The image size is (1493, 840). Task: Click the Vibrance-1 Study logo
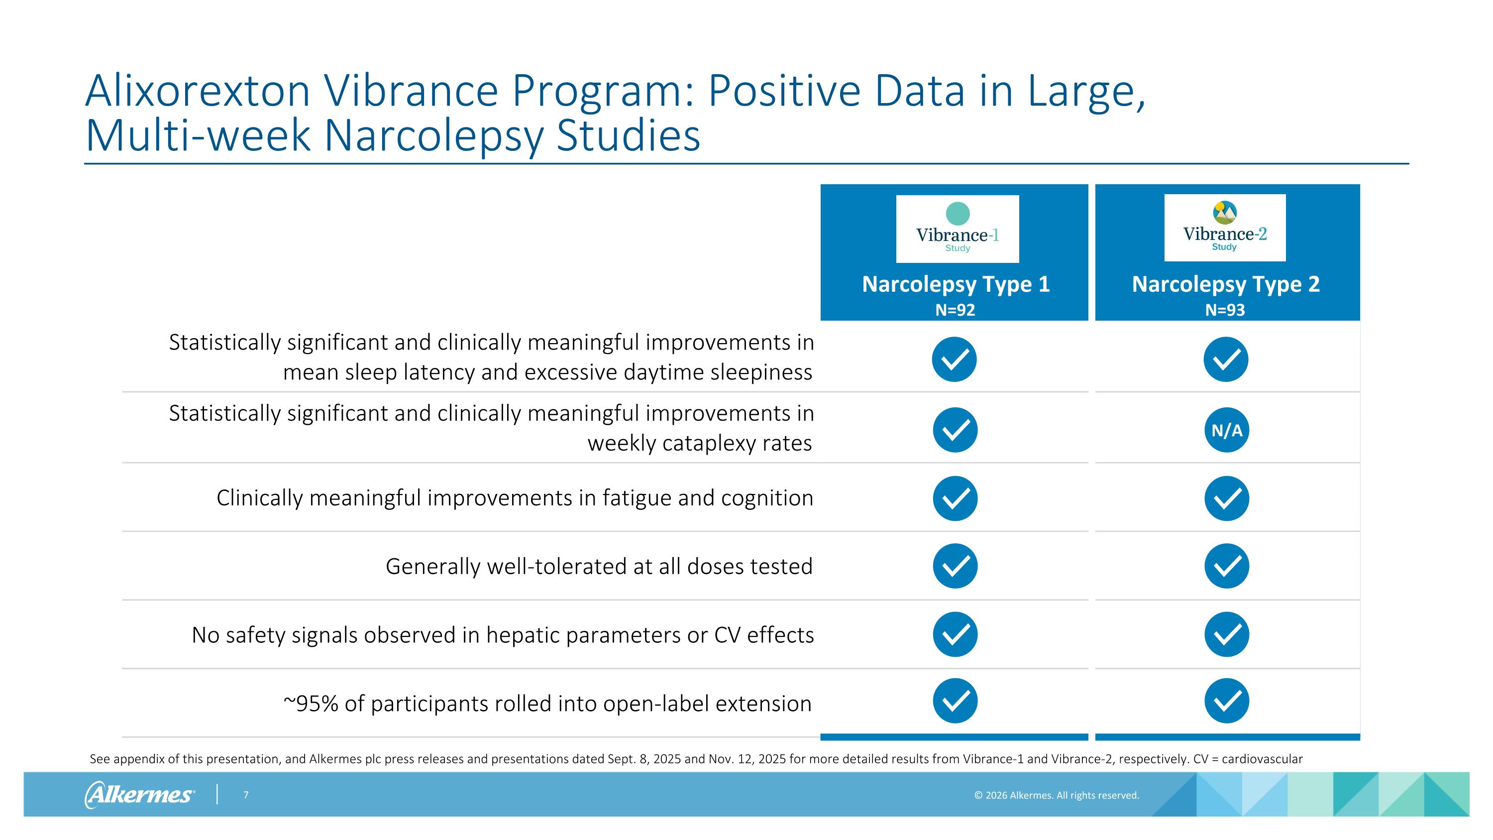957,229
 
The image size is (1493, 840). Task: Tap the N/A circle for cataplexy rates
1226,430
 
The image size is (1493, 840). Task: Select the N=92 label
955,310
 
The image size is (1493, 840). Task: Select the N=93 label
1225,310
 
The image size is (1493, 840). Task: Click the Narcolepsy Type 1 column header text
955,284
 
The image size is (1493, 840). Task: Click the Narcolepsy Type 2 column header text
1225,284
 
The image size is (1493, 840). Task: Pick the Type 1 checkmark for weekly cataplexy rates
955,430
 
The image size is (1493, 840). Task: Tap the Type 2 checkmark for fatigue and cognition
1226,498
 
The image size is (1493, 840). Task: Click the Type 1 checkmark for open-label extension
955,701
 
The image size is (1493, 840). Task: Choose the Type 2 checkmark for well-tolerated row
1226,566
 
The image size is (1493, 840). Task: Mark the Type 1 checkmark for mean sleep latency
954,360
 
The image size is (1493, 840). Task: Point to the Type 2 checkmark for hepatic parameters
1226,634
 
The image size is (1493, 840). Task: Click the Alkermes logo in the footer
139,794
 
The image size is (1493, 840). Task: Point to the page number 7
246,795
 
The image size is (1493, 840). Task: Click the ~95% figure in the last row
311,704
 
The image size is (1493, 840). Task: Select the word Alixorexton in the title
198,91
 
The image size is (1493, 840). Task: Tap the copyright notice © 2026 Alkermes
1056,795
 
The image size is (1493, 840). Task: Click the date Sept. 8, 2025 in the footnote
644,759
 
